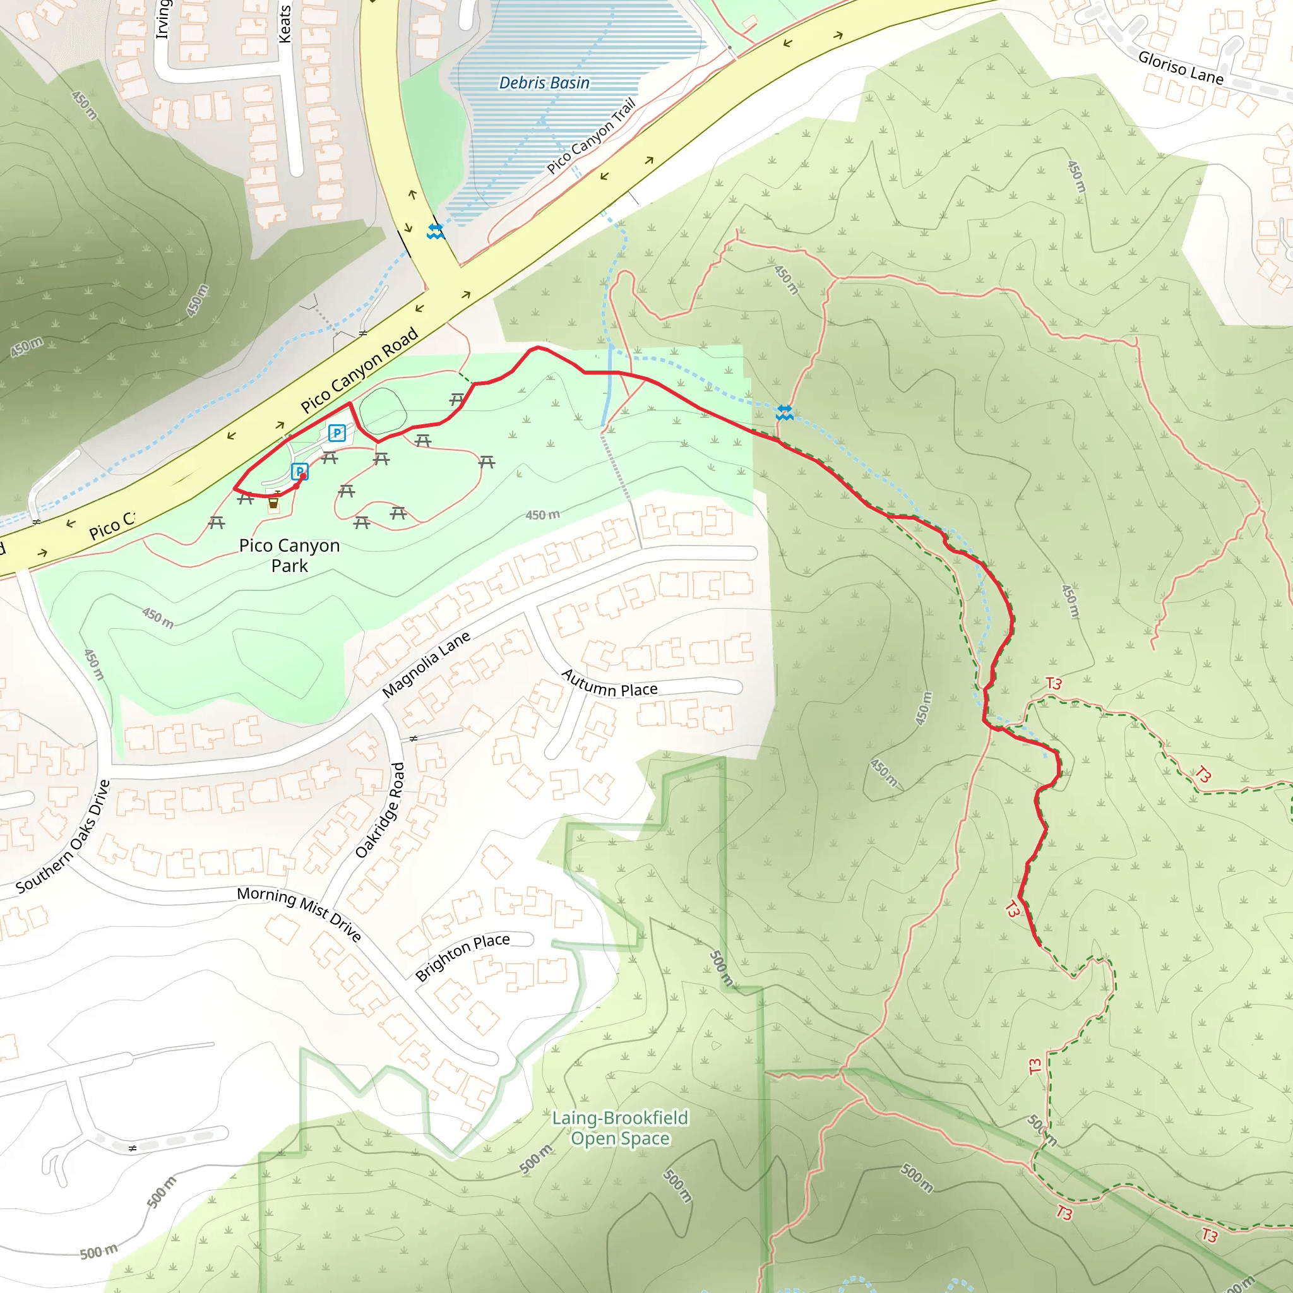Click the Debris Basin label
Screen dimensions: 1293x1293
click(544, 83)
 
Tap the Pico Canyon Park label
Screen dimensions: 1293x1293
click(289, 556)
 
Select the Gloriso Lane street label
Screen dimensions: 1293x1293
click(1181, 68)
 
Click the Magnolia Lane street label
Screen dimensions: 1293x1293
click(426, 665)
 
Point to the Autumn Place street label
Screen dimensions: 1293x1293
click(609, 683)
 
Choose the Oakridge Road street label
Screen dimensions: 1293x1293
click(380, 810)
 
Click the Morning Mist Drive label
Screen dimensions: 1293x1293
click(299, 913)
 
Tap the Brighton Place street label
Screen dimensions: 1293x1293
click(462, 957)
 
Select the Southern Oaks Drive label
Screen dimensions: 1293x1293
click(63, 837)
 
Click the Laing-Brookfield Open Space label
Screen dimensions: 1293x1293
click(620, 1128)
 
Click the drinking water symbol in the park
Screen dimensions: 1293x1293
click(273, 502)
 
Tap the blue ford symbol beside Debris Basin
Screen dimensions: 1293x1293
click(436, 232)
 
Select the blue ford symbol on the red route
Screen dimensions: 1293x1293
click(784, 413)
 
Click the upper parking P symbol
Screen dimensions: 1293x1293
click(337, 433)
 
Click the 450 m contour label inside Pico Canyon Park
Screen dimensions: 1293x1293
click(542, 515)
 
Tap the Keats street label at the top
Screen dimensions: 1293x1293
click(285, 24)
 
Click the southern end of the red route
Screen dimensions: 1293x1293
click(1039, 945)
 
